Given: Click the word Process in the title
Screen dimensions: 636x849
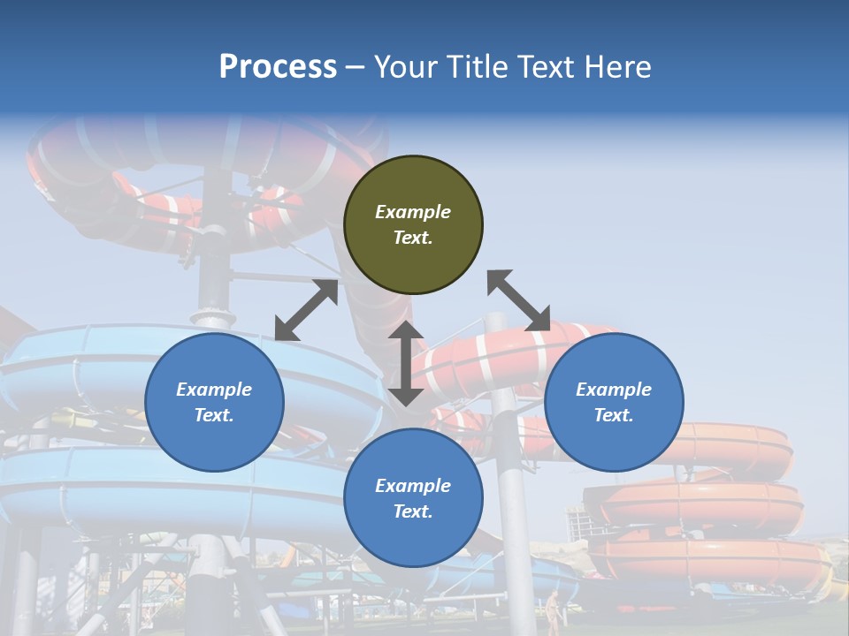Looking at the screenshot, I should pos(278,67).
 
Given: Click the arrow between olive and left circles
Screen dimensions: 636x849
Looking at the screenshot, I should pos(306,310).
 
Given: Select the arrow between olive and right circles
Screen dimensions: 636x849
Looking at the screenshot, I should pos(518,301).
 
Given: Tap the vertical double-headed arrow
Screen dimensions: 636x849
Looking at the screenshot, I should pos(406,363).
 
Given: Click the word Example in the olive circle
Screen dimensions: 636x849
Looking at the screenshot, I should pos(413,212).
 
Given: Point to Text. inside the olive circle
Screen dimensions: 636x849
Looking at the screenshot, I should pos(413,238).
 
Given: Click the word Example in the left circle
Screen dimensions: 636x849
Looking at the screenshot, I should pos(214,390).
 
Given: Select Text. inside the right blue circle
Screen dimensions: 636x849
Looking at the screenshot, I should pos(614,415).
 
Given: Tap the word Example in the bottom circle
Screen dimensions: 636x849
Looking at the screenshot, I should pos(413,486).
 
